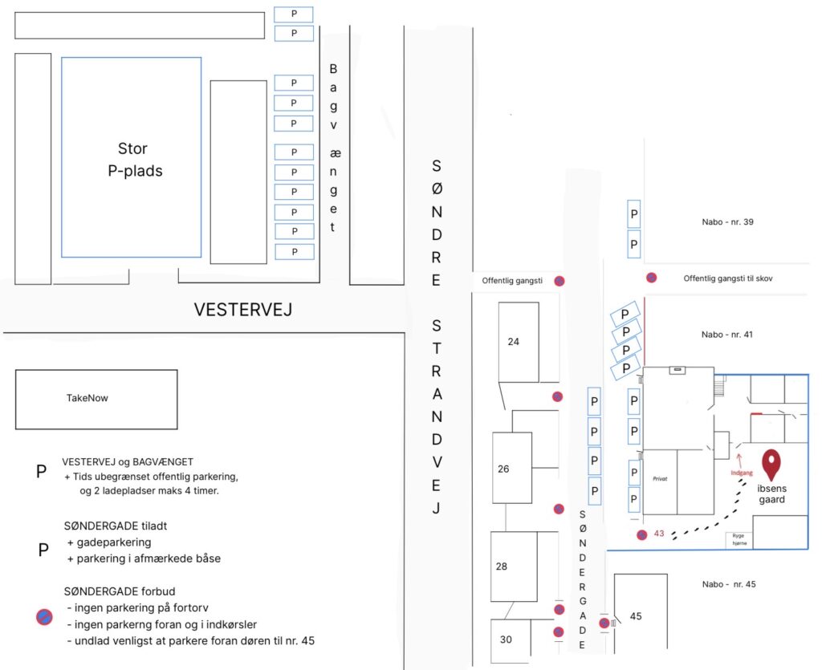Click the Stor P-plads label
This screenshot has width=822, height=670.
tap(132, 160)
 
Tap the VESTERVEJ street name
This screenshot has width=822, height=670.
tap(242, 310)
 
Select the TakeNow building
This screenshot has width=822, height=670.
tap(96, 398)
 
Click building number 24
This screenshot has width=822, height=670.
tap(514, 342)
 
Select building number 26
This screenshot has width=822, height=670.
tap(503, 469)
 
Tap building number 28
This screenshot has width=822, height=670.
tap(502, 566)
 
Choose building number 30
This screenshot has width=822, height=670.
tap(505, 640)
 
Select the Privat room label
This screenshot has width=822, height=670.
tap(660, 478)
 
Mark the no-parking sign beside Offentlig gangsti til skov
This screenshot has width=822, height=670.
tap(652, 278)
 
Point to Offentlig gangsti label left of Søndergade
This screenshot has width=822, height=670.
tap(512, 281)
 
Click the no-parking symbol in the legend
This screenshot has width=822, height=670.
tap(44, 616)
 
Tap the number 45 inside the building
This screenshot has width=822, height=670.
tap(636, 617)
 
